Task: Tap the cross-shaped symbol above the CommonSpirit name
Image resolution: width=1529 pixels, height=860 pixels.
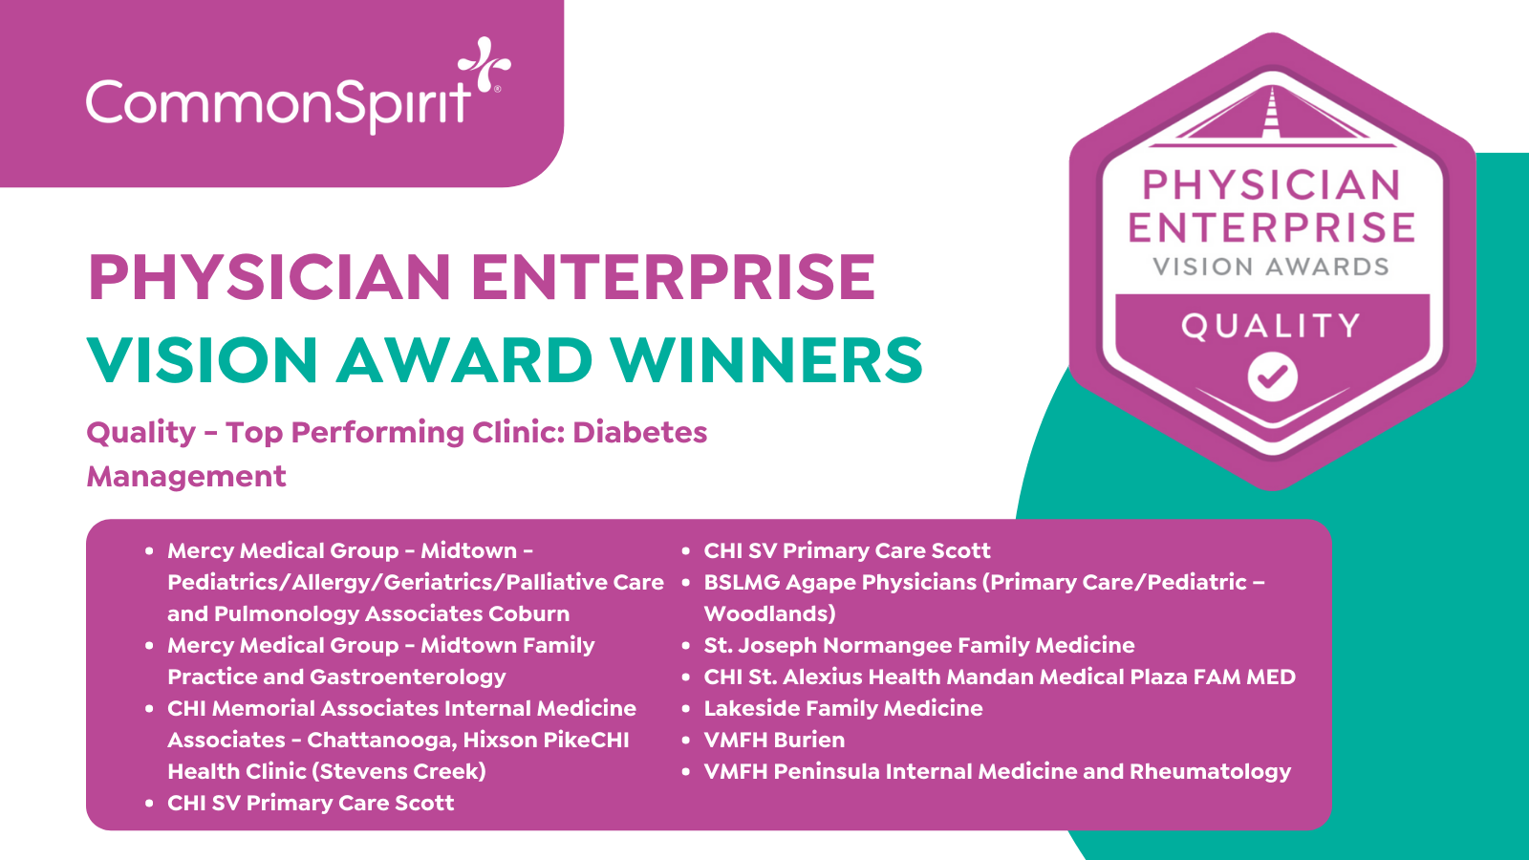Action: tap(484, 63)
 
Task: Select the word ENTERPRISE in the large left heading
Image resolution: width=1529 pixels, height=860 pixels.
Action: tap(673, 276)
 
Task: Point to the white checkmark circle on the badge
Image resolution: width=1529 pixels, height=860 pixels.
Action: tap(1272, 376)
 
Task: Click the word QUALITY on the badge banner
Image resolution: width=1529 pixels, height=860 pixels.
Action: tap(1271, 326)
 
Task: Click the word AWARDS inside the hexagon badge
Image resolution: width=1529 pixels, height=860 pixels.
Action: tap(1329, 267)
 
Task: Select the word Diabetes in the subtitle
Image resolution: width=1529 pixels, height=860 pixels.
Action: tap(639, 432)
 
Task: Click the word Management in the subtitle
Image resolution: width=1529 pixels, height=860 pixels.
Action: tap(186, 477)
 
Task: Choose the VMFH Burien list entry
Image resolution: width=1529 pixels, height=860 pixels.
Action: tap(774, 740)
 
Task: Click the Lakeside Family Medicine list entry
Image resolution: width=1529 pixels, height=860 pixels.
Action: tap(843, 708)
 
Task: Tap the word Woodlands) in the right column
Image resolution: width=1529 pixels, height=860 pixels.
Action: tap(770, 613)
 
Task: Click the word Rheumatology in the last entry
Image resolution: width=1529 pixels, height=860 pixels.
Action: tap(1210, 772)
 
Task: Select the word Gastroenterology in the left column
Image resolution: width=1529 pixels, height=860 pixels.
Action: tap(407, 677)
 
